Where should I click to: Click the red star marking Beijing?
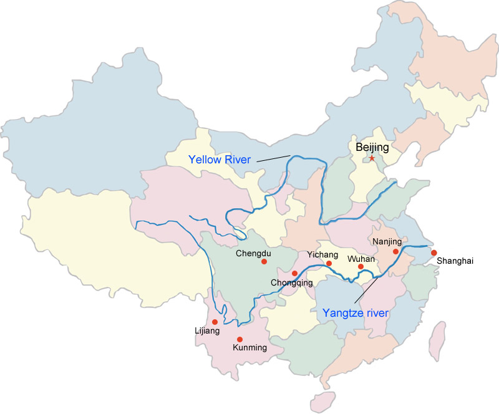[x=372, y=158]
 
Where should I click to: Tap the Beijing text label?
[x=372, y=148]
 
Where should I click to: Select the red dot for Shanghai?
[x=434, y=253]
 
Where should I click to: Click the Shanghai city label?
[x=455, y=261]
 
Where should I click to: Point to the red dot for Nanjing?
[x=395, y=251]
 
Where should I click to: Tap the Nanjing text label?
[x=387, y=241]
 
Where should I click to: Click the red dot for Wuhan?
[x=361, y=267]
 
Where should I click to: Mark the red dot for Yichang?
[x=329, y=264]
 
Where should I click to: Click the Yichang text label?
[x=322, y=254]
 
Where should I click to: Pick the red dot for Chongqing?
[x=294, y=273]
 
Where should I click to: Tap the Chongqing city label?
[x=291, y=283]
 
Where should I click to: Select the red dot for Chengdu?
[x=264, y=262]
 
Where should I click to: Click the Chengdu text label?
[x=254, y=253]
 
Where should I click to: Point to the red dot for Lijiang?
[x=215, y=322]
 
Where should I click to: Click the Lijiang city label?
[x=207, y=331]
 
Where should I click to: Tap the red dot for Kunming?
[x=240, y=339]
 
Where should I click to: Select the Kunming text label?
[x=249, y=348]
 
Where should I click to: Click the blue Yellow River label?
[x=220, y=160]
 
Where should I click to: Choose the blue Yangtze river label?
[x=356, y=313]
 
